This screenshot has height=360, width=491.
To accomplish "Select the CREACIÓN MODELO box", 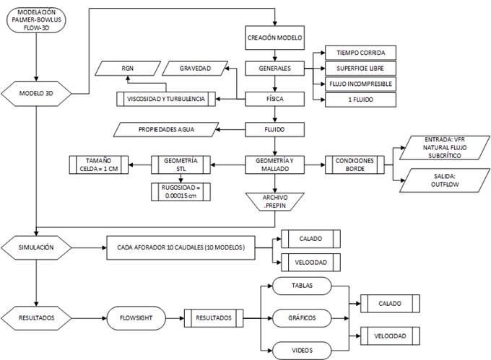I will click(x=275, y=38).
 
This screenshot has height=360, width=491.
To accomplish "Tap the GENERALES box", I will click(x=275, y=69).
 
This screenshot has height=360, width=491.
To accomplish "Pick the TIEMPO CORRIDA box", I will click(x=360, y=53).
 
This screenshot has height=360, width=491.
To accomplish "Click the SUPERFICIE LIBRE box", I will click(x=360, y=69).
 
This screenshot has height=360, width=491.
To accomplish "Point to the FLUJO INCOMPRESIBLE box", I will click(x=360, y=84).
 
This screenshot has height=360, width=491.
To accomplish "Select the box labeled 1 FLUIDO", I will click(x=360, y=100).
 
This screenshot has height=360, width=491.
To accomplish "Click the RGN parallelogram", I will click(x=128, y=69).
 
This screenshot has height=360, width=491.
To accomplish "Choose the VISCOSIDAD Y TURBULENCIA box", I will click(x=166, y=99).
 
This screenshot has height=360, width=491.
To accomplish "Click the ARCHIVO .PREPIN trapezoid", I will click(x=275, y=200).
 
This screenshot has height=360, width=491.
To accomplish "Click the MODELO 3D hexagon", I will click(x=37, y=94).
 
